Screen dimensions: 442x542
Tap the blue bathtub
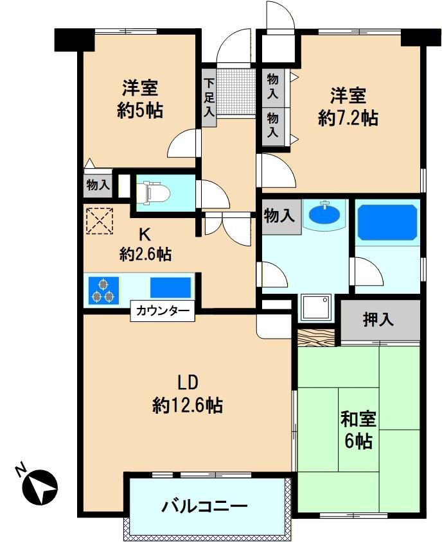[x=387, y=223]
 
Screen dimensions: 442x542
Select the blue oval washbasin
[x=324, y=216]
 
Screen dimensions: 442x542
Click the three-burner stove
[x=103, y=291]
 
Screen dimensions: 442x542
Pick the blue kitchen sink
[x=171, y=287]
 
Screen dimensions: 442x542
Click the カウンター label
[x=163, y=310]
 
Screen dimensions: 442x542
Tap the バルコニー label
[x=205, y=506]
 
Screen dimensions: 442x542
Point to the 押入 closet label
[x=378, y=319]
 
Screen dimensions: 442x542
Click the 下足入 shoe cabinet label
[x=209, y=97]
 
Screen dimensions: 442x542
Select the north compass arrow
[x=40, y=487]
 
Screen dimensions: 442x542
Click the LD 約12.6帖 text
[x=188, y=394]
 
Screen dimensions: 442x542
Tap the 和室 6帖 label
[x=358, y=430]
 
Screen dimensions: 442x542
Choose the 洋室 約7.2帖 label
[x=348, y=107]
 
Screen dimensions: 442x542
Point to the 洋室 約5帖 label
[x=140, y=99]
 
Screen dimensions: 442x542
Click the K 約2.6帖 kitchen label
[x=145, y=245]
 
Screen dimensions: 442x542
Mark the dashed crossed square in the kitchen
[x=100, y=221]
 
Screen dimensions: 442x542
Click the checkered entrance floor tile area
[x=236, y=91]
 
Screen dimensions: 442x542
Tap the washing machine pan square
[x=316, y=307]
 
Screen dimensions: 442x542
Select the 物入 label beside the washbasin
[x=279, y=217]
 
